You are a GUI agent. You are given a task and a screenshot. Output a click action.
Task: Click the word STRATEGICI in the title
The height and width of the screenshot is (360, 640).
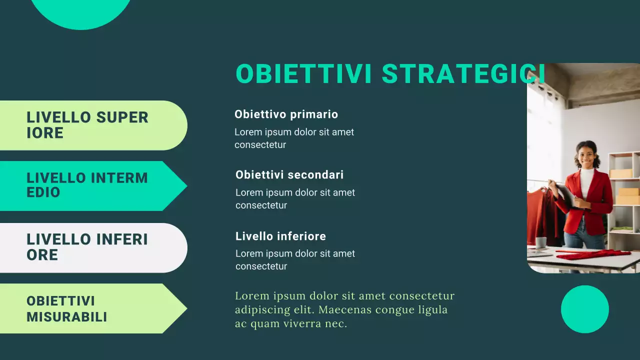point(462,74)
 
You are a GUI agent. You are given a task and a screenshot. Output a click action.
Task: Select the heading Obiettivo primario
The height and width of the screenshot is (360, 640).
point(286,114)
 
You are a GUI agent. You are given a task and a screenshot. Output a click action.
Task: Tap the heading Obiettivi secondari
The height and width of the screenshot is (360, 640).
point(289,175)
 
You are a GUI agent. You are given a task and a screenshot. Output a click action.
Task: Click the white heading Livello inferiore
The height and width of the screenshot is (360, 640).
point(280,236)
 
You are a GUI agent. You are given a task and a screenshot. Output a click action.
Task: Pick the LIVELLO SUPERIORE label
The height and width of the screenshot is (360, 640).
point(87,125)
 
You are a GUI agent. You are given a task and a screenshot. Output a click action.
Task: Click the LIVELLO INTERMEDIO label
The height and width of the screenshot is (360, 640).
point(87,185)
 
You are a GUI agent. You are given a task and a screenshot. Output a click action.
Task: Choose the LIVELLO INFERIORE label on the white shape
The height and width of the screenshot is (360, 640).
point(87,247)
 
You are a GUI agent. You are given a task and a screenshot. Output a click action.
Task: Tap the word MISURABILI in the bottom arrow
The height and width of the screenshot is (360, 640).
point(66,316)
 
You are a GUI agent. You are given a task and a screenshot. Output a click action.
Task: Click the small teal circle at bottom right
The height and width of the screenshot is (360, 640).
point(584,309)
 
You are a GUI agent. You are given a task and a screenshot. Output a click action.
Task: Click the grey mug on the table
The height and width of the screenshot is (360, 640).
point(541,242)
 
